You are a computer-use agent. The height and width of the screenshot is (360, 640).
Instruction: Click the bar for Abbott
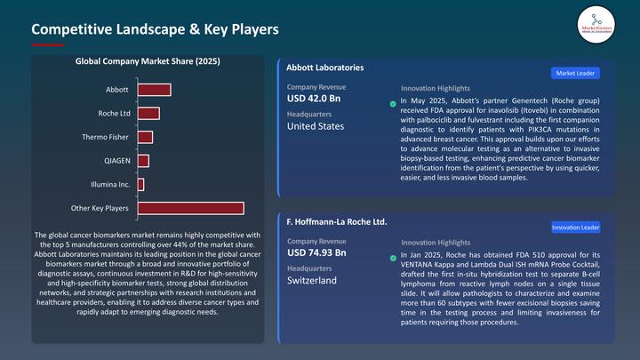[x=154, y=90]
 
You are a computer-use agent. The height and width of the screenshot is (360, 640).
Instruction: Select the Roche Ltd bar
[x=148, y=113]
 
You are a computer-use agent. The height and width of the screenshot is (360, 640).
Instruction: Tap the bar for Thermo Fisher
[x=145, y=137]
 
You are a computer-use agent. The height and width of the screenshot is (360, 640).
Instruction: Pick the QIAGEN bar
[x=143, y=161]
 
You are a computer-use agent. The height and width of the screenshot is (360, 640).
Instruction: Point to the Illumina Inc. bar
[x=140, y=184]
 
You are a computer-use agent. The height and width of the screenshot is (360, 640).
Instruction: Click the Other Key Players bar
[x=190, y=208]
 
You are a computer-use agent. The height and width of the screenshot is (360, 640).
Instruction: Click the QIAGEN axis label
[x=116, y=161]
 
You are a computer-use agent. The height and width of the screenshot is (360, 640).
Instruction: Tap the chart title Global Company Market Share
[x=148, y=61]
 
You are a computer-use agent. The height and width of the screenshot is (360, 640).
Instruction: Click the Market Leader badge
[x=575, y=73]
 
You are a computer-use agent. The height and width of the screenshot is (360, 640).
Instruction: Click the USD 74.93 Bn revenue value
[x=318, y=252]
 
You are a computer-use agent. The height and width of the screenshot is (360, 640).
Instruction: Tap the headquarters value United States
[x=316, y=126]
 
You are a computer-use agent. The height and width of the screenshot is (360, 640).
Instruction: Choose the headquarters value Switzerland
[x=312, y=280]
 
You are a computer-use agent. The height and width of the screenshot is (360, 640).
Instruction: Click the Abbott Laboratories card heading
[x=324, y=68]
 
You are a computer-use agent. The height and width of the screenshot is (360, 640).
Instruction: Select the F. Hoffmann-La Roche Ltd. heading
[x=337, y=220]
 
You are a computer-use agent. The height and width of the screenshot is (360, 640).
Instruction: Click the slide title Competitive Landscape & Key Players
[x=156, y=29]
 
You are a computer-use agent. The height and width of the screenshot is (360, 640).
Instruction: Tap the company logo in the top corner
[x=596, y=21]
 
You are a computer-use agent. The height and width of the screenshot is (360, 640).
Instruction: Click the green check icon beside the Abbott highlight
[x=394, y=103]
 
